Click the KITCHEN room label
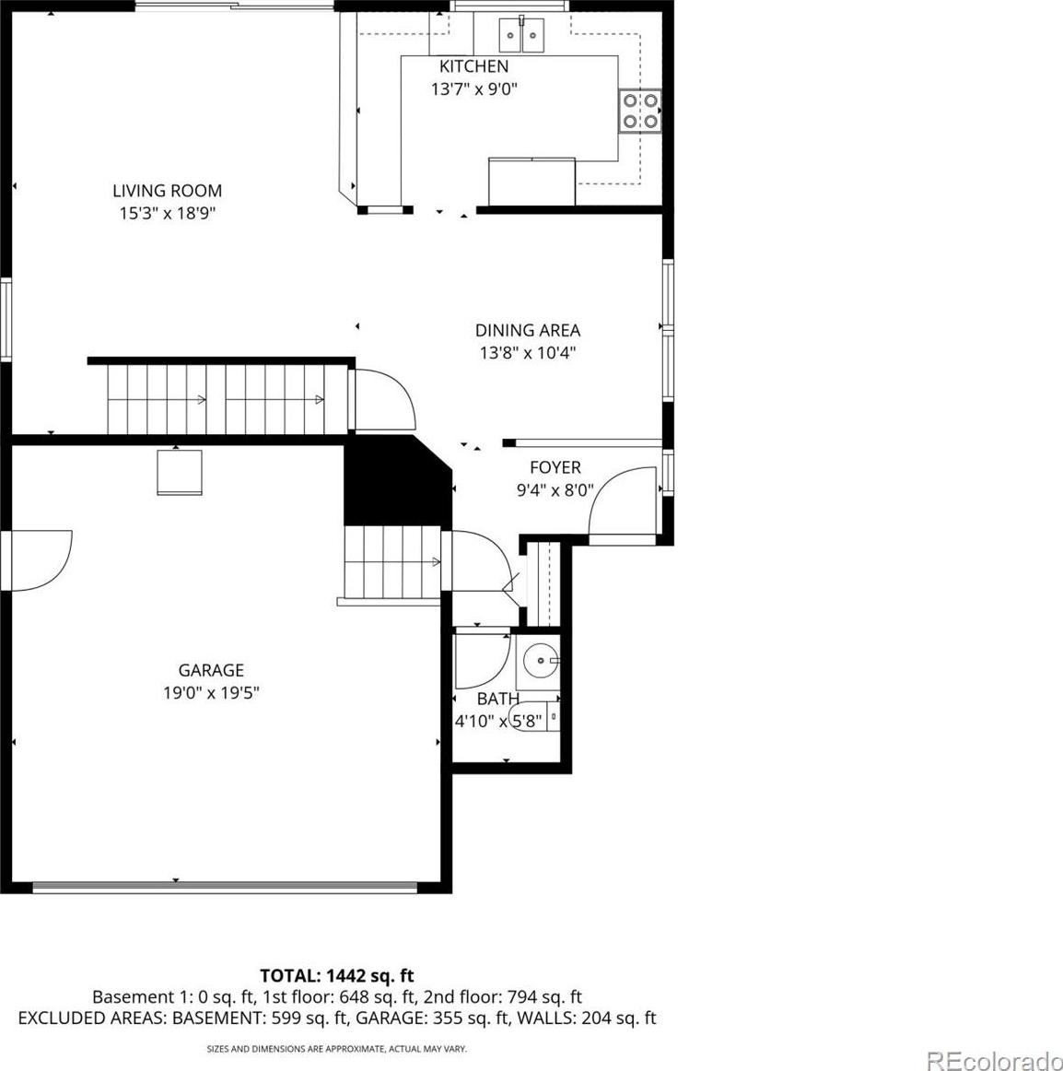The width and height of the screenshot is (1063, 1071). coord(473,66)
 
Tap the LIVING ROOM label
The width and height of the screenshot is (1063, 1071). coord(168,191)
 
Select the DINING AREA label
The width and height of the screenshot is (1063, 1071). coord(528,331)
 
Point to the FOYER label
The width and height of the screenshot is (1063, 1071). coord(555,467)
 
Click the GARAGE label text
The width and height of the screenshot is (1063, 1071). coord(211,670)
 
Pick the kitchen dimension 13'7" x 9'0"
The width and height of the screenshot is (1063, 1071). coord(474,88)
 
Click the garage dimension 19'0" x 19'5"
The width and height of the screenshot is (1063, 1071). coord(211,692)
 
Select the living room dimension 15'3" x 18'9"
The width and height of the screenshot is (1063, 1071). coord(168,213)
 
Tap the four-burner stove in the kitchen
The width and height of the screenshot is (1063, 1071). coord(639,111)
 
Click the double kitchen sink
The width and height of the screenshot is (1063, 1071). coord(521,35)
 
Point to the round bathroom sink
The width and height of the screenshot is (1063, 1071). coord(541,661)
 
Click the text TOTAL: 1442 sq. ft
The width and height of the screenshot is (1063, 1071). coord(337,975)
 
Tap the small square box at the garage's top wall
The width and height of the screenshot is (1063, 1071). coord(180,471)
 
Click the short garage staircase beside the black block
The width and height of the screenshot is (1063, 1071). coord(391,562)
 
